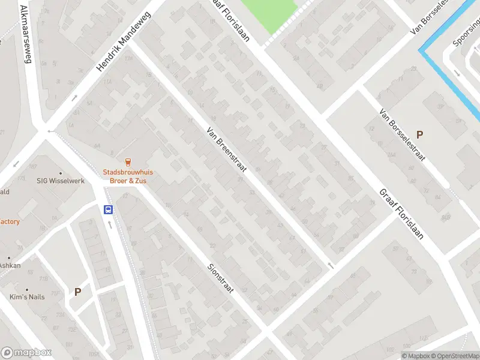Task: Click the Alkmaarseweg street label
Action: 26,34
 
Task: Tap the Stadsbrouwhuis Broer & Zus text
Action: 127,176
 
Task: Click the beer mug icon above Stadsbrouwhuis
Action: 127,161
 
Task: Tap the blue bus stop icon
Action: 109,209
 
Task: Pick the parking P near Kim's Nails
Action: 77,292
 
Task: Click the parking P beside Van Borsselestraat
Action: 419,135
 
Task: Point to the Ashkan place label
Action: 10,265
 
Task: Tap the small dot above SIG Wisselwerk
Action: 60,173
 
